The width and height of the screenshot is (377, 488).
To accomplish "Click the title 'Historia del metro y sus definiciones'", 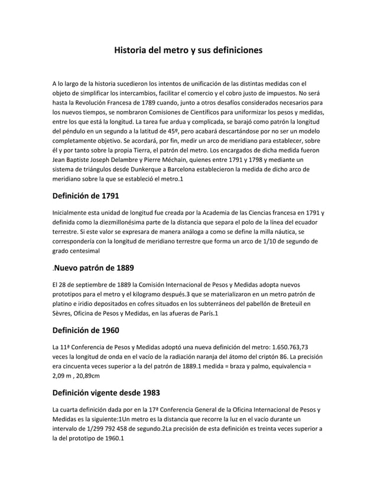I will [x=188, y=51].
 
